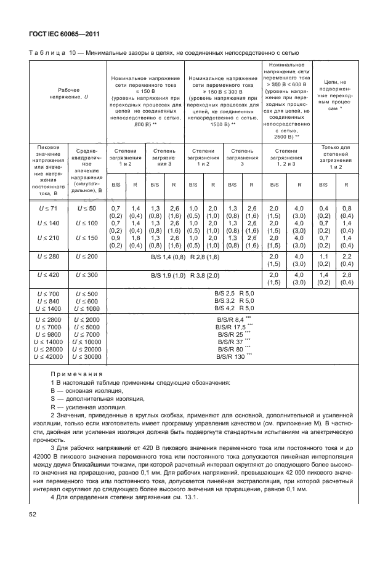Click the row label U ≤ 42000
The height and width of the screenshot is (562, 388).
click(47, 356)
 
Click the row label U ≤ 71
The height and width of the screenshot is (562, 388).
click(47, 211)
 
